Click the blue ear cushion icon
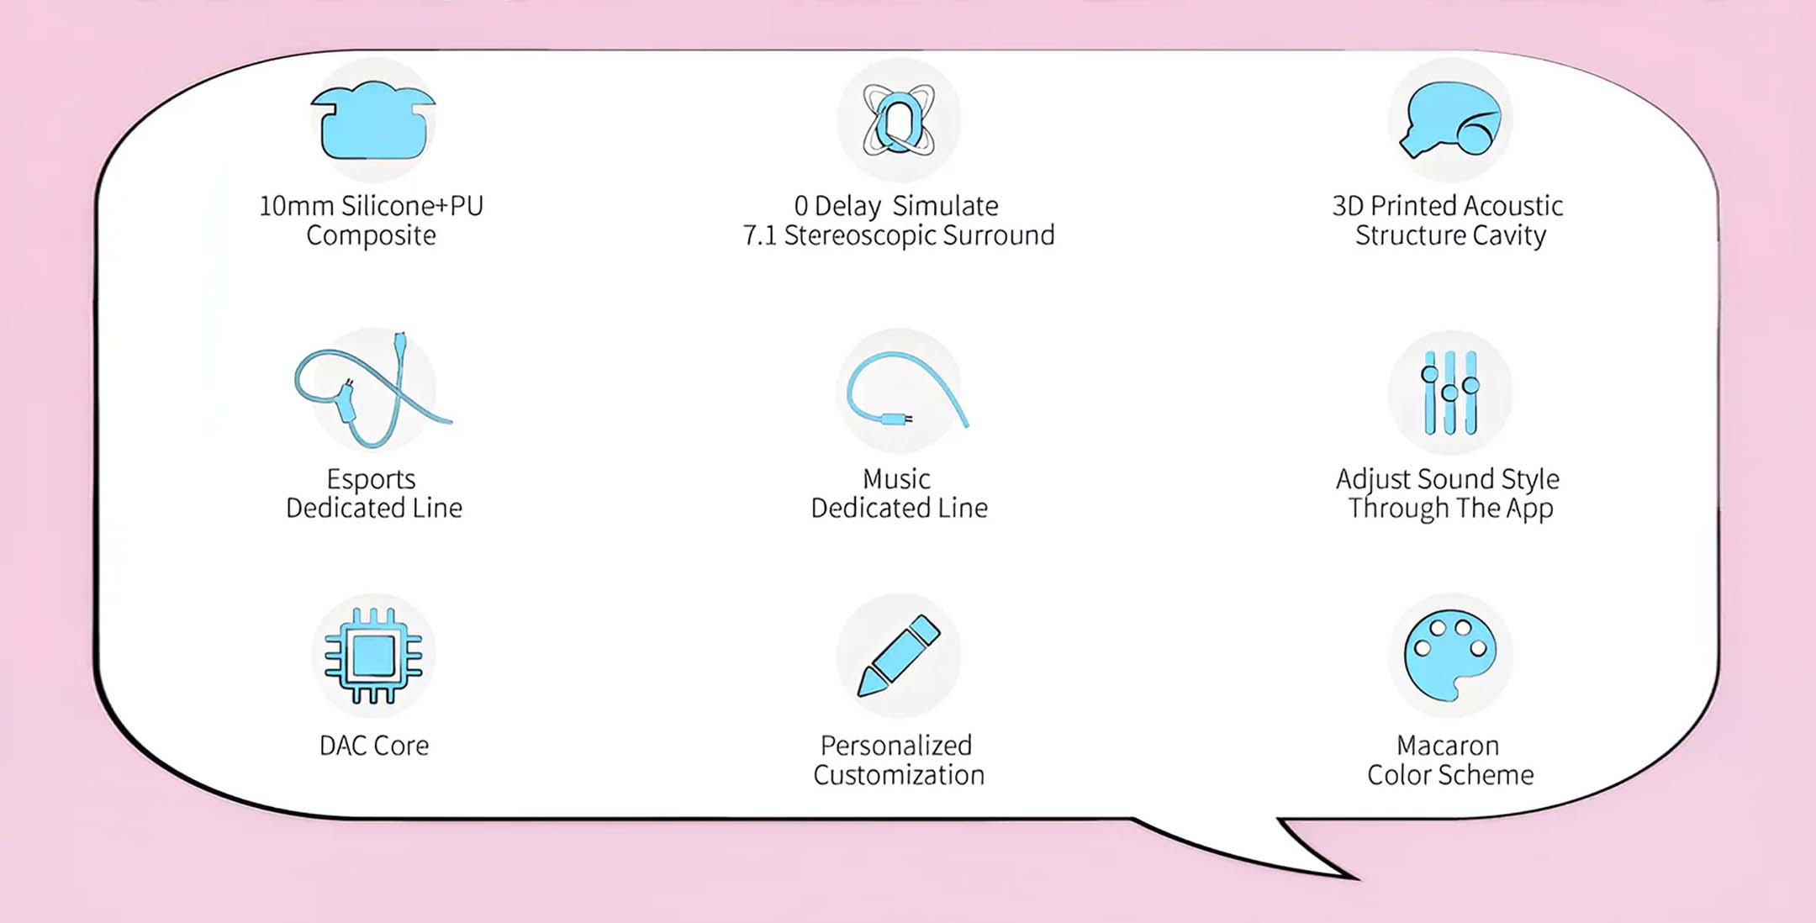point(373,121)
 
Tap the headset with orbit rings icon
point(899,121)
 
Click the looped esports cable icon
point(372,390)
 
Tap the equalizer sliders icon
point(1450,393)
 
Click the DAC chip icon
point(373,656)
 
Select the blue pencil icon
point(899,656)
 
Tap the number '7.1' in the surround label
point(760,235)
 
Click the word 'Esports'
point(371,479)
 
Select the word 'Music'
point(896,479)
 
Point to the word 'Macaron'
point(1448,746)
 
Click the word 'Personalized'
point(896,746)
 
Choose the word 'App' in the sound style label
point(1529,509)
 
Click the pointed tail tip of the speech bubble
point(1357,879)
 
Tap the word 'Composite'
point(371,236)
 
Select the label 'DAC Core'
point(374,746)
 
